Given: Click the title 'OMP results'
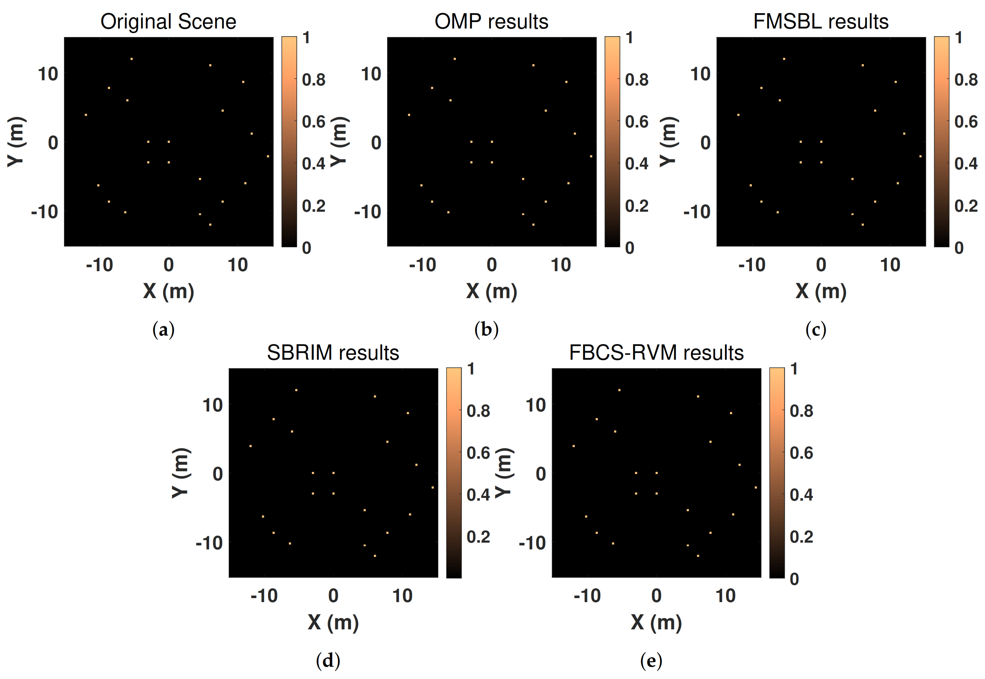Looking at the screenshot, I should (x=491, y=21).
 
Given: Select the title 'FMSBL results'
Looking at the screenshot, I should (x=821, y=21).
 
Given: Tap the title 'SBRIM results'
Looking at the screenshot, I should (x=333, y=353).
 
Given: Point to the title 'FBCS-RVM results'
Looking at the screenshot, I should (x=656, y=353).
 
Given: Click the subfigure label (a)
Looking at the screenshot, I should (x=163, y=330).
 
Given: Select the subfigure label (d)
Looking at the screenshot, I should (x=328, y=660).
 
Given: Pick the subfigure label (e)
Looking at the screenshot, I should (x=651, y=660).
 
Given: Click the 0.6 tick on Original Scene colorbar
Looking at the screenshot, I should (x=313, y=122).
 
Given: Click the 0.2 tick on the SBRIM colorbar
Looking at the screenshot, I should (x=478, y=537).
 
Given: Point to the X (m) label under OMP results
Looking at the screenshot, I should (x=491, y=291).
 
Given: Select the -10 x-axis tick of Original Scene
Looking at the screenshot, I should (x=100, y=265).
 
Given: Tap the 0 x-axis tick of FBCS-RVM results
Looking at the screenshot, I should (x=656, y=596).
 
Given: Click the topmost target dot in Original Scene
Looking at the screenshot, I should (x=131, y=59).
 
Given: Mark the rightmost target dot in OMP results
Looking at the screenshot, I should (x=591, y=156).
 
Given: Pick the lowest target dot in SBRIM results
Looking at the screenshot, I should (x=375, y=556).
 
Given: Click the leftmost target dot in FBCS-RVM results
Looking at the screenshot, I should (x=574, y=446).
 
